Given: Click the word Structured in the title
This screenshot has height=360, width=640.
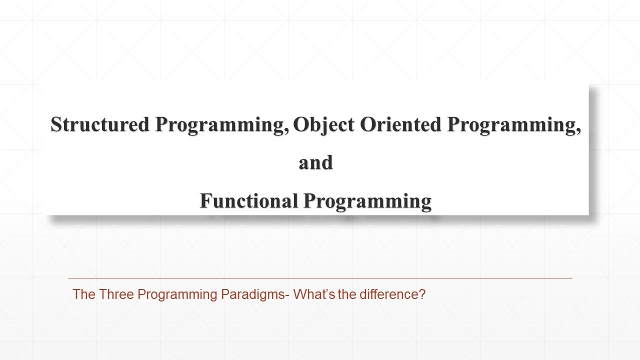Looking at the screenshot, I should tap(100, 124).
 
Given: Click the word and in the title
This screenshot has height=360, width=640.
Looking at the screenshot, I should tap(315, 163).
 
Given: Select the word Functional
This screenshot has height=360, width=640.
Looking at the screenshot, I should tap(249, 201).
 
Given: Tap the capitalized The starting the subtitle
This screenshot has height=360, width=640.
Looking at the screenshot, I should tap(84, 294).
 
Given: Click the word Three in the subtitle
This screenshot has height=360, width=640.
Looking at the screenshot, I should tap(116, 294).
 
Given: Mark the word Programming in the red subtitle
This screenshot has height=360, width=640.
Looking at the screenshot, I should tap(177, 295).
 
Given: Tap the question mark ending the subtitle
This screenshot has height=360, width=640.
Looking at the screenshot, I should tap(422, 294).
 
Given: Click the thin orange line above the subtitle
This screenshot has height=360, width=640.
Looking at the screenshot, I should tap(320, 278).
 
